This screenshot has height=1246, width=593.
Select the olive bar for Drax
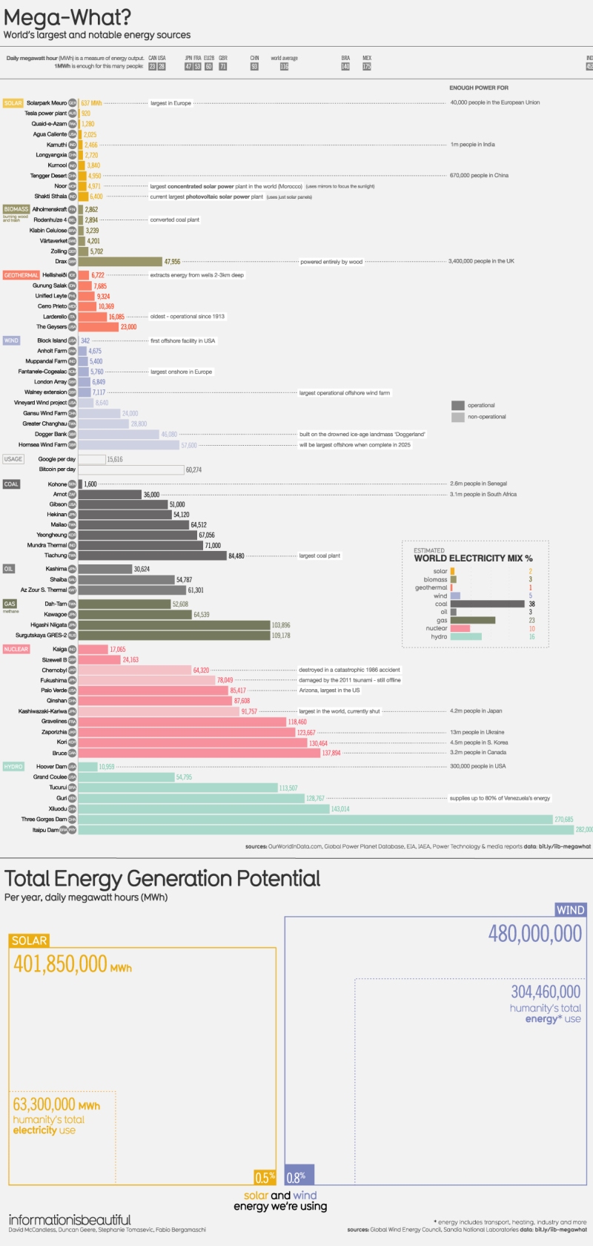pyautogui.click(x=120, y=262)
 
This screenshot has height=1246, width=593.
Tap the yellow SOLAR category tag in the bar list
pyautogui.click(x=13, y=103)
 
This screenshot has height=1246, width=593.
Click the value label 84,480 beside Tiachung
pyautogui.click(x=236, y=556)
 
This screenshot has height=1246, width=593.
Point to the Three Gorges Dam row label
pyautogui.click(x=44, y=820)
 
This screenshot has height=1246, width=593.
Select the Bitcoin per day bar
pyautogui.click(x=131, y=469)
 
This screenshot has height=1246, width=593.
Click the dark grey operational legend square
pyautogui.click(x=458, y=405)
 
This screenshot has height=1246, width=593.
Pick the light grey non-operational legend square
pyautogui.click(x=458, y=417)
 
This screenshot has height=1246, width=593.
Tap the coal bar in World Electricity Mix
pyautogui.click(x=487, y=604)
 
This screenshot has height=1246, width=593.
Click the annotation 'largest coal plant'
pyautogui.click(x=319, y=556)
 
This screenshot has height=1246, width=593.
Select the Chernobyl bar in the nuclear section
pyautogui.click(x=135, y=670)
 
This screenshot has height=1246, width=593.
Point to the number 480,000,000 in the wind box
pyautogui.click(x=534, y=933)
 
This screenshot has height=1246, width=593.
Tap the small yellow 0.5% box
pyautogui.click(x=265, y=1177)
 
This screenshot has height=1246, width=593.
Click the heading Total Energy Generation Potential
pyautogui.click(x=162, y=879)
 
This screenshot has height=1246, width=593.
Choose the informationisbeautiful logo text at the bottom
pyautogui.click(x=70, y=1219)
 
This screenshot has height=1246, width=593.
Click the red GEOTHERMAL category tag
pyautogui.click(x=21, y=275)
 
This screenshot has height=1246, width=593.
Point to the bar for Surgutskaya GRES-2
pyautogui.click(x=173, y=636)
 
